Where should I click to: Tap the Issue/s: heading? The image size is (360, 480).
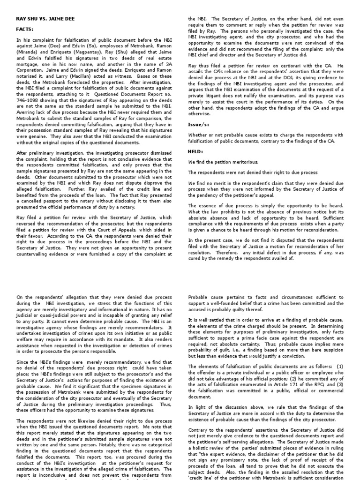(199, 125)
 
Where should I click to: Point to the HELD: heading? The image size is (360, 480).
(195, 151)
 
